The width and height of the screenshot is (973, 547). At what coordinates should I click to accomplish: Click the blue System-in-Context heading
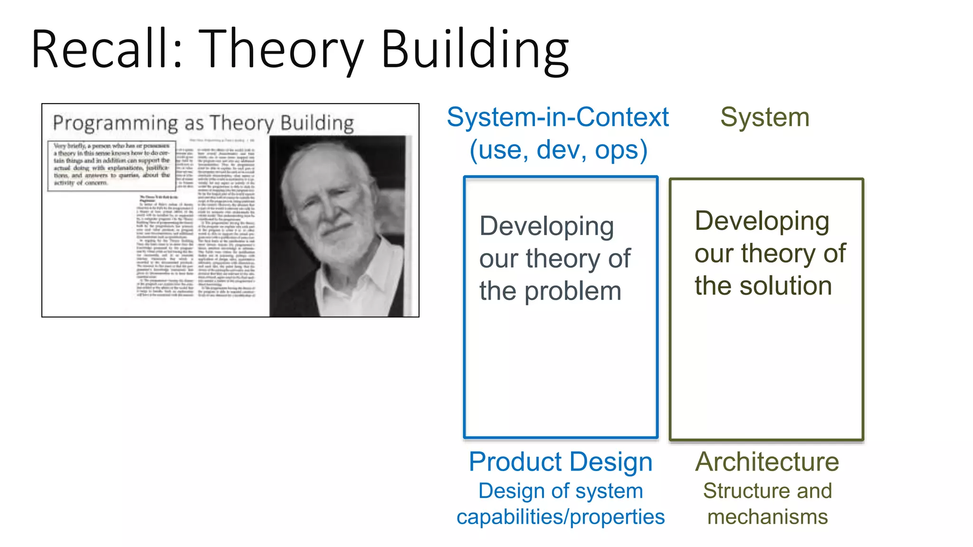click(x=558, y=117)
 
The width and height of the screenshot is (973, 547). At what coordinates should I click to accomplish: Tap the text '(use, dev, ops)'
click(x=558, y=150)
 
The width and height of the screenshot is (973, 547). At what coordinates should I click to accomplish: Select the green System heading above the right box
click(x=764, y=117)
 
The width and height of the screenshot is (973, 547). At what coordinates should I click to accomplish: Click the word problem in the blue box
click(x=573, y=291)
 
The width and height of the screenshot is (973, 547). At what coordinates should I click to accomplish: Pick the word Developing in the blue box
click(x=546, y=226)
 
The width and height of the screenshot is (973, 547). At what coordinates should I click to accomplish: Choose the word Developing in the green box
click(x=762, y=221)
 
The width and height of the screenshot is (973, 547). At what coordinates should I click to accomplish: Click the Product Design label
click(x=561, y=462)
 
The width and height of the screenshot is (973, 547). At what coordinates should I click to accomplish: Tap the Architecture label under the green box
click(x=767, y=462)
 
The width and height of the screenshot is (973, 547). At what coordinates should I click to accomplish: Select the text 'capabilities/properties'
click(x=561, y=517)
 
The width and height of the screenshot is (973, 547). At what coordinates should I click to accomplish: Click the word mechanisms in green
click(x=767, y=517)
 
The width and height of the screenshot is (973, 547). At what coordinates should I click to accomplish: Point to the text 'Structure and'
click(x=767, y=491)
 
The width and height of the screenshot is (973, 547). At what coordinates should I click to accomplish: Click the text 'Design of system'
click(x=561, y=491)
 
